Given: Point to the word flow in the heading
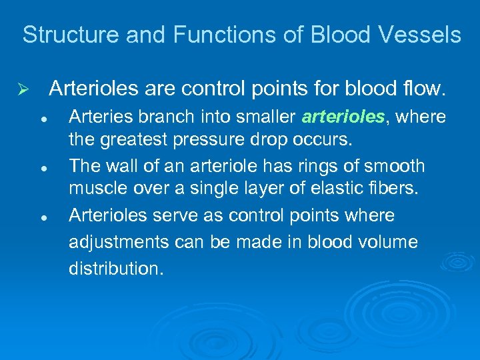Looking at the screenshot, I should (424, 88).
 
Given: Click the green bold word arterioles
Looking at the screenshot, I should (343, 117).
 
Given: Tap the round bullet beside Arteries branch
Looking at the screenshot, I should (42, 118).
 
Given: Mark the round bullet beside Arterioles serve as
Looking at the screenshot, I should (42, 217).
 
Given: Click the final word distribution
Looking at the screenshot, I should (115, 268).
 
